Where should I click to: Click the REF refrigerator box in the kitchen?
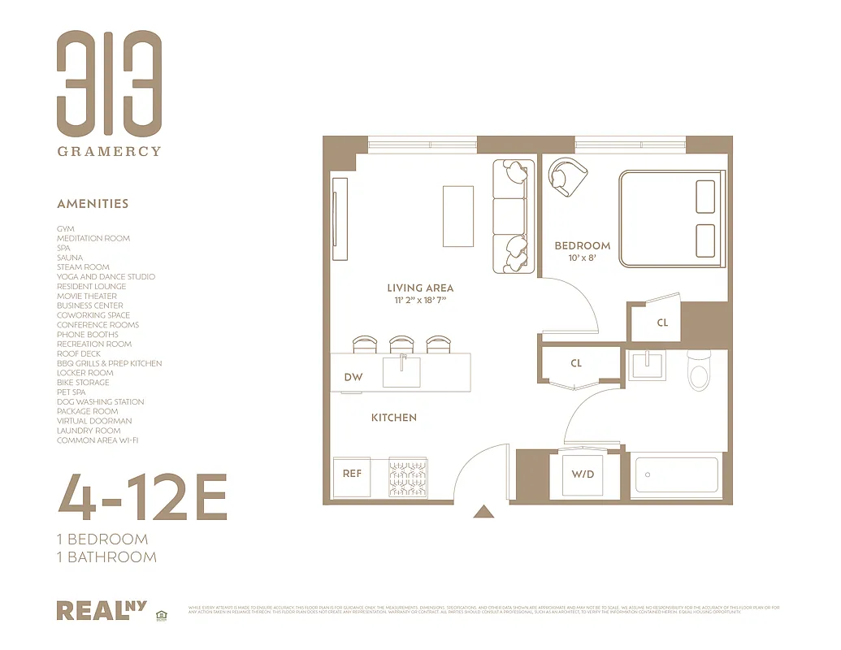[x=352, y=474]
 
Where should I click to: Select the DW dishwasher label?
[x=353, y=377]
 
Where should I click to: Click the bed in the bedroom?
[x=671, y=218]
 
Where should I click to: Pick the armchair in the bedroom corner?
[x=566, y=175]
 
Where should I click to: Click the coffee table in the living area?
[x=458, y=216]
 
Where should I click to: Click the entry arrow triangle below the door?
[x=484, y=511]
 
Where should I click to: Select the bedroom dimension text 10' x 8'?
[x=582, y=258]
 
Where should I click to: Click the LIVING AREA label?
[x=420, y=288]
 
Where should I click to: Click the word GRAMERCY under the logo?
[x=109, y=151]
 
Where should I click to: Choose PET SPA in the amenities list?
[x=72, y=392]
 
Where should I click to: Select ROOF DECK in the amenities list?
[x=79, y=354]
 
